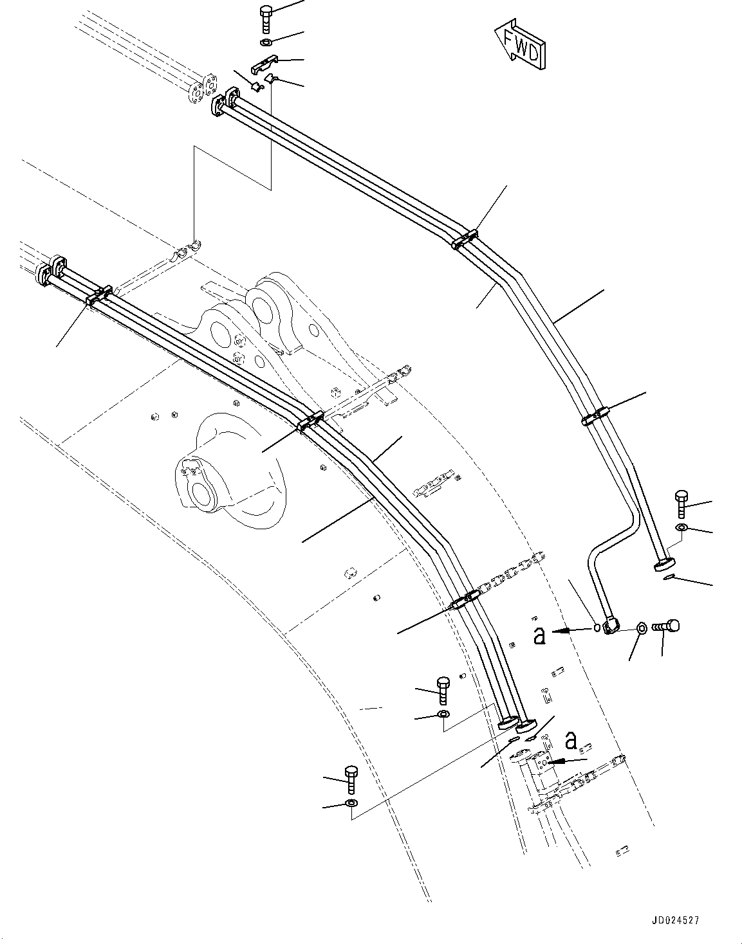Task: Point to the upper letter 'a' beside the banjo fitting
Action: point(540,634)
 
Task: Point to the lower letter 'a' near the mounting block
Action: point(570,741)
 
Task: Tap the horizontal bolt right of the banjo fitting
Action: point(667,626)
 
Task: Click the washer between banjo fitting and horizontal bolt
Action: point(641,628)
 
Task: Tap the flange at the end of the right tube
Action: point(663,565)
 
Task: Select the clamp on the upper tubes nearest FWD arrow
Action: point(464,239)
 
